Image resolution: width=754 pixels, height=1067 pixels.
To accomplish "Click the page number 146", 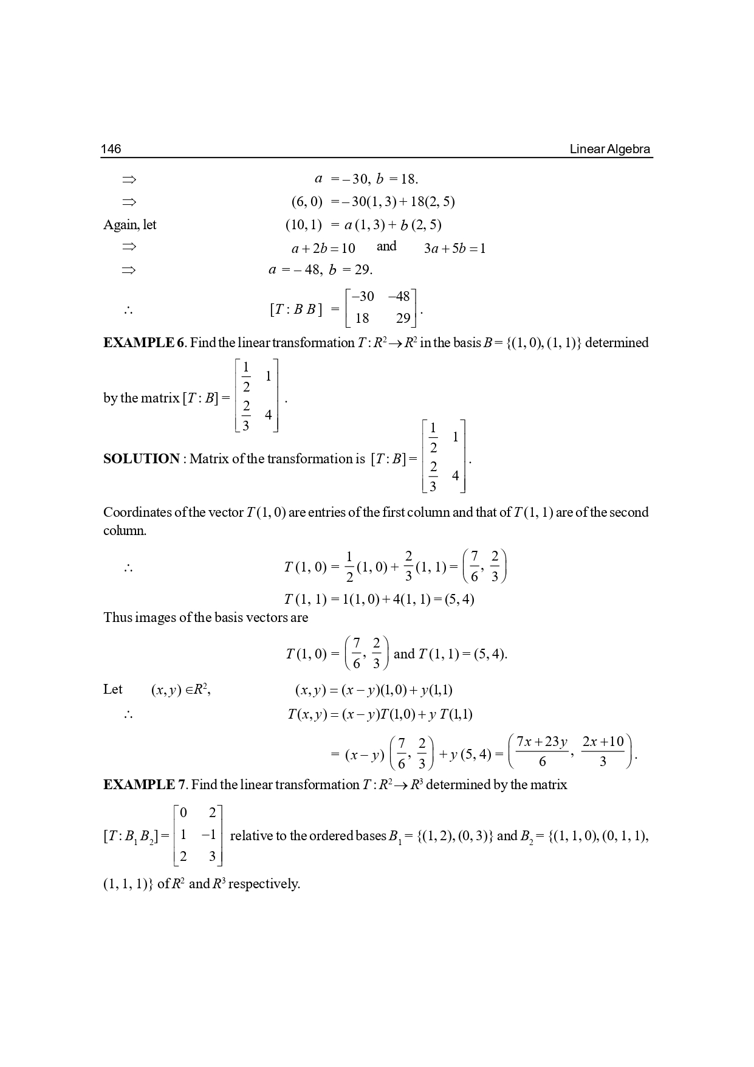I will pyautogui.click(x=111, y=149).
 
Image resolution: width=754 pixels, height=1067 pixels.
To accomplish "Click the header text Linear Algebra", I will pyautogui.click(x=609, y=149).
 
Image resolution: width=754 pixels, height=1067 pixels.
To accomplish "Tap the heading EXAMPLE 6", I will pyautogui.click(x=144, y=343).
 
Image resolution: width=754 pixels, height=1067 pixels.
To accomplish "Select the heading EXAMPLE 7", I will pyautogui.click(x=144, y=785).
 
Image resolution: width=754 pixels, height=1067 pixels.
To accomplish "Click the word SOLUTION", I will pyautogui.click(x=142, y=459).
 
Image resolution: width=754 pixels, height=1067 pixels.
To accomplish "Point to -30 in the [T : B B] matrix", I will pyautogui.click(x=363, y=297).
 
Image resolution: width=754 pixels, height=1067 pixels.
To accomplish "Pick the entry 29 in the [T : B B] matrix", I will pyautogui.click(x=403, y=318).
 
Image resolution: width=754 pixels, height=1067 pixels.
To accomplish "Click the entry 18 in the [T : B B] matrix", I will pyautogui.click(x=362, y=318).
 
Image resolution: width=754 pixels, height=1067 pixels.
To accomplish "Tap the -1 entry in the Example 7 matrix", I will pyautogui.click(x=210, y=835).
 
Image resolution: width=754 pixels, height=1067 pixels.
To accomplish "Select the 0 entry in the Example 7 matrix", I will pyautogui.click(x=183, y=813).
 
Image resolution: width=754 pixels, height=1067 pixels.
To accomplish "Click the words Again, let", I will pyautogui.click(x=129, y=225).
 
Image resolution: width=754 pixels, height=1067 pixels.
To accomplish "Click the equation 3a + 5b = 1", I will pyautogui.click(x=454, y=249).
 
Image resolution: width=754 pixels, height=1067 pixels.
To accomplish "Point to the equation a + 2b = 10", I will pyautogui.click(x=323, y=249).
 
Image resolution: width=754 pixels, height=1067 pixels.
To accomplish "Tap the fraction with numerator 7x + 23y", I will pyautogui.click(x=541, y=751).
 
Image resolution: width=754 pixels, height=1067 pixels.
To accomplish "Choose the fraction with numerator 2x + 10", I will pyautogui.click(x=603, y=751).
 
